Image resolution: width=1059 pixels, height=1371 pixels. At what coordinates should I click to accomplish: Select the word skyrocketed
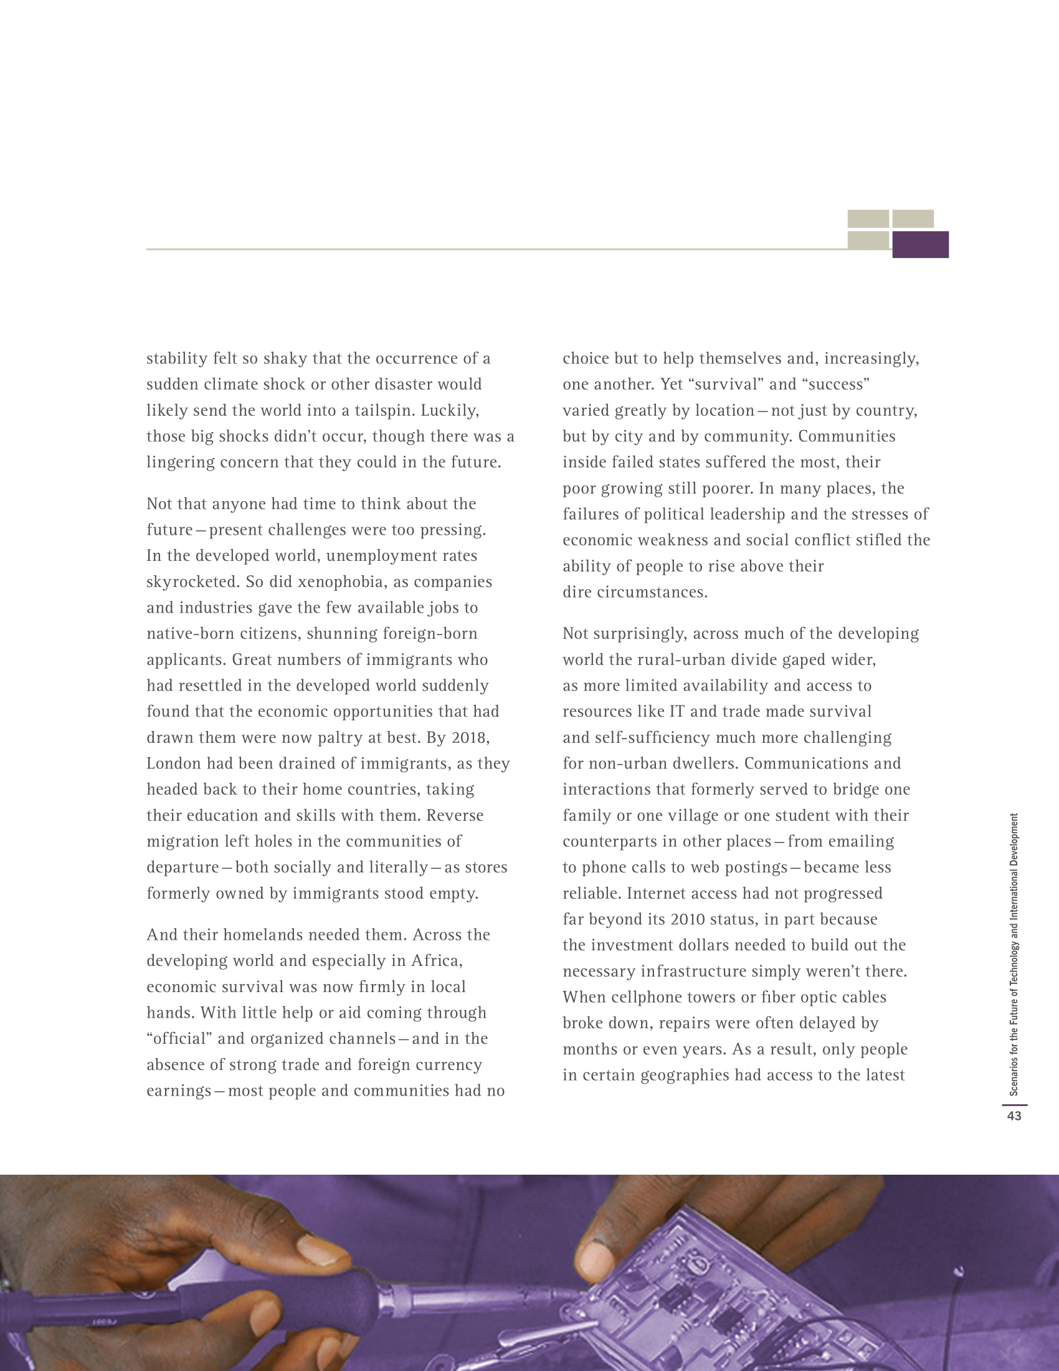pos(192,582)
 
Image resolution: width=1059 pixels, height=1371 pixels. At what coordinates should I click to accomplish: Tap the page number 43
pos(1014,1115)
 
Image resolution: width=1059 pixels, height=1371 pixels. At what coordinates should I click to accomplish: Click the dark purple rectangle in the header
pos(919,244)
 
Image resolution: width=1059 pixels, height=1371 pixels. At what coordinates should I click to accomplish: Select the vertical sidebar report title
pos(1014,954)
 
